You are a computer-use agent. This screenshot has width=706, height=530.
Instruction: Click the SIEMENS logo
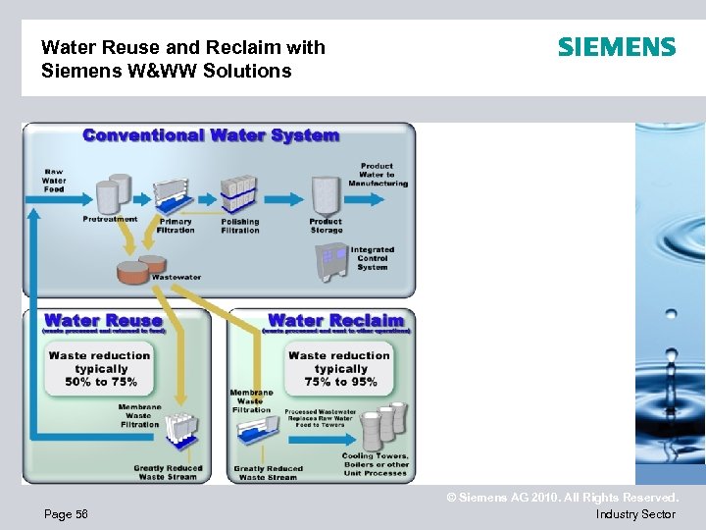(x=617, y=47)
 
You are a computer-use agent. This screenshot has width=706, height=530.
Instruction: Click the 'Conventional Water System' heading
(x=211, y=135)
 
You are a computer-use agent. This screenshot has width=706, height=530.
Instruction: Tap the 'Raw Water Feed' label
(x=54, y=180)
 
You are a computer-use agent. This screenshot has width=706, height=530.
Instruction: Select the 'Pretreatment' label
(x=110, y=219)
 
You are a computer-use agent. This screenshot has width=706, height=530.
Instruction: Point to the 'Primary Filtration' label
(x=176, y=226)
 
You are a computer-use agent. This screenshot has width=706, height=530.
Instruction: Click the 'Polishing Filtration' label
(x=240, y=226)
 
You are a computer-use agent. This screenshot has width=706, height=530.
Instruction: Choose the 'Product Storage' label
(x=326, y=226)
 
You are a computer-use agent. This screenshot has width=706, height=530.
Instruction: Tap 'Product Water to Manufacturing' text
(x=378, y=175)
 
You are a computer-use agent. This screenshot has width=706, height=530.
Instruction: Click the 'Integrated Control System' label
(x=373, y=258)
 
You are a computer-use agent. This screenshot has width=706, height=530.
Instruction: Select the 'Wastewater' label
(x=176, y=278)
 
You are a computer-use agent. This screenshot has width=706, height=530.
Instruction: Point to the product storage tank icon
(x=324, y=195)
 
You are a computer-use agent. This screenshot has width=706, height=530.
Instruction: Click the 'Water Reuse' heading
(x=103, y=320)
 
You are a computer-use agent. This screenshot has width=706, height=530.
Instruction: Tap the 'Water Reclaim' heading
(x=335, y=320)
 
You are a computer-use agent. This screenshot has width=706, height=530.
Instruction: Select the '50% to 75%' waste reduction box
(x=101, y=368)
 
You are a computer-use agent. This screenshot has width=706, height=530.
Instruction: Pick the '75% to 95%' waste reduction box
(x=339, y=368)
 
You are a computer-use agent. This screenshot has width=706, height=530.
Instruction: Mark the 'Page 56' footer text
(x=65, y=514)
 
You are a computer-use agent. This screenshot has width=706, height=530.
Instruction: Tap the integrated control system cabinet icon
(x=331, y=260)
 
